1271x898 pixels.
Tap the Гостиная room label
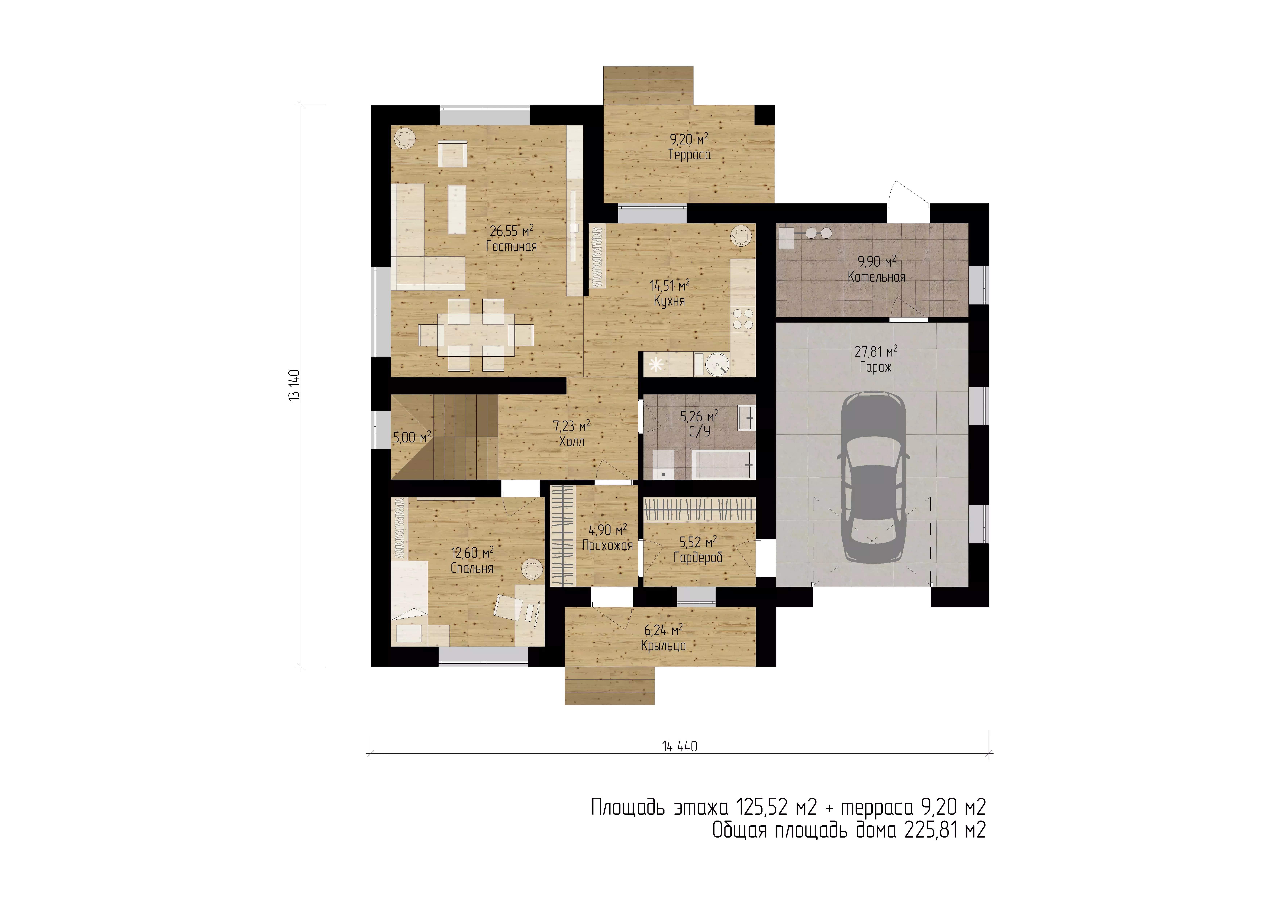tap(512, 247)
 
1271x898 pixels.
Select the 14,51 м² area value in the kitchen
tap(669, 285)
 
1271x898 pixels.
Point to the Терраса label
tap(689, 155)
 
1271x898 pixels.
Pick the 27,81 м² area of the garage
tap(876, 351)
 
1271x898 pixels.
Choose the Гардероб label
tap(698, 558)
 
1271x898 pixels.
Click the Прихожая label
tap(607, 546)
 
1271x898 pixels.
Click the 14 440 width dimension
tap(680, 746)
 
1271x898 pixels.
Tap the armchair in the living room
tap(453, 153)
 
